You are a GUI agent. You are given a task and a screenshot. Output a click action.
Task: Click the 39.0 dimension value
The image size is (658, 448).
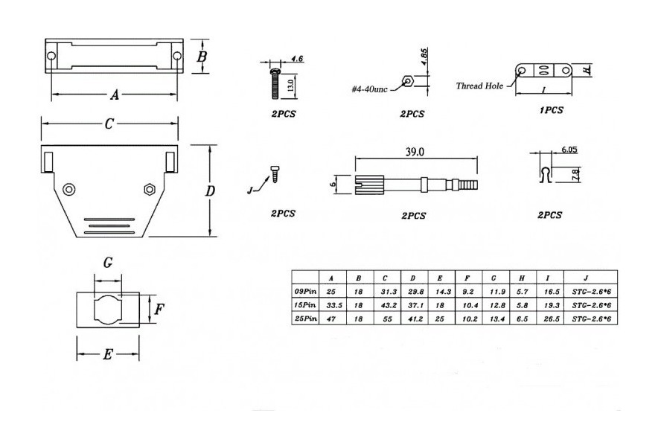[x=415, y=152]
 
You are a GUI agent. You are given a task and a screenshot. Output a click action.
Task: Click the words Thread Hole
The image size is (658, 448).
[x=479, y=86]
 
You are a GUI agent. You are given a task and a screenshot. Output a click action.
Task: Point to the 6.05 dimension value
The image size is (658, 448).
[x=569, y=150]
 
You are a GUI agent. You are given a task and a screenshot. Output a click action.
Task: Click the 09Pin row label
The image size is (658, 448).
[x=305, y=292]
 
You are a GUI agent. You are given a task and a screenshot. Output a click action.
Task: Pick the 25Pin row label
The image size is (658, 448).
[x=305, y=319]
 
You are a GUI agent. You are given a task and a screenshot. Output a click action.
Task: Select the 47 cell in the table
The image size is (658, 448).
[x=332, y=319]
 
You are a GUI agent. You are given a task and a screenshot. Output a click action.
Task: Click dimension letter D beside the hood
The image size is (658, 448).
[x=210, y=191]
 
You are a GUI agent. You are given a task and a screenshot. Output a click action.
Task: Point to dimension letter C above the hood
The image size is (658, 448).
[x=109, y=124]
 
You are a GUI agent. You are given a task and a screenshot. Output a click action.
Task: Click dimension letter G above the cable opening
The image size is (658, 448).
[x=108, y=263]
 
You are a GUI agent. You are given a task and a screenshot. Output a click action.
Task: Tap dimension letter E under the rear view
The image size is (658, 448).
[x=107, y=356]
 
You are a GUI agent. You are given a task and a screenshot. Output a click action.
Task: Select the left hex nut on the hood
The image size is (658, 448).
[x=68, y=189]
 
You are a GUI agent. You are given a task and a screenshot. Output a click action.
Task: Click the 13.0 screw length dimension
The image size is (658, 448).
[x=290, y=86]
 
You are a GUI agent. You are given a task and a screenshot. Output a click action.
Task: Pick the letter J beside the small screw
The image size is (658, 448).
[x=249, y=191]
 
